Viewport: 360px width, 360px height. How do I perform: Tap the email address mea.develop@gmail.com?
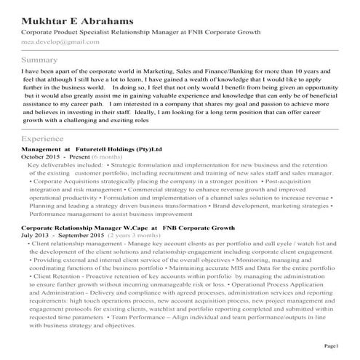[x=60, y=43]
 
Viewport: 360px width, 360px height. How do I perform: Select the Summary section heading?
[x=39, y=60]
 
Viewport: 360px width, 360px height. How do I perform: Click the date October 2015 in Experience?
[x=41, y=156]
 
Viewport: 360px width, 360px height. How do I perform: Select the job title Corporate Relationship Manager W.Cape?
[x=82, y=228]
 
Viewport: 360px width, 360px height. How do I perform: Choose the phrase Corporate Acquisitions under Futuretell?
[x=67, y=181]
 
